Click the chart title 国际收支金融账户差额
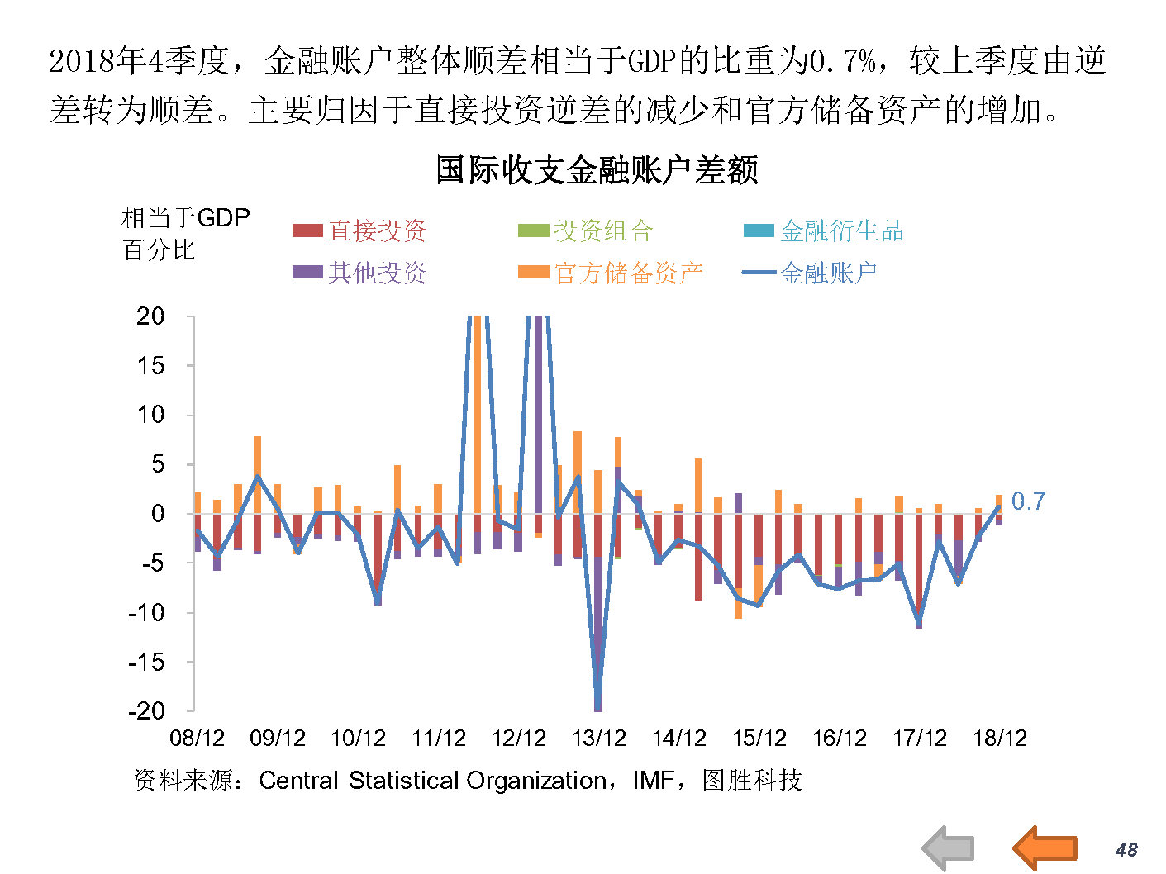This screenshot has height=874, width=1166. tap(597, 169)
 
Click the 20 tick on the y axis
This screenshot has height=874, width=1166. tap(150, 316)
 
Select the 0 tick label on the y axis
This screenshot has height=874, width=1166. tap(158, 514)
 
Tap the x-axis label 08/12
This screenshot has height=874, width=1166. tap(197, 738)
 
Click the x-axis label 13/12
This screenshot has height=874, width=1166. tap(599, 738)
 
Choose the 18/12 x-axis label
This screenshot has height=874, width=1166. tap(1000, 738)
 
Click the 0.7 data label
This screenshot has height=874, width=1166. tap(1028, 501)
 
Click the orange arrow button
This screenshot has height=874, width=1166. tap(1045, 848)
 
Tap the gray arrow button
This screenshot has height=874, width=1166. tap(948, 848)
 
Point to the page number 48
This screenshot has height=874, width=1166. tap(1126, 849)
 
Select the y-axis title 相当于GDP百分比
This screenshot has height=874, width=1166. tap(184, 234)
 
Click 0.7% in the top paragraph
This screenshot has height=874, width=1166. tap(842, 60)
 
